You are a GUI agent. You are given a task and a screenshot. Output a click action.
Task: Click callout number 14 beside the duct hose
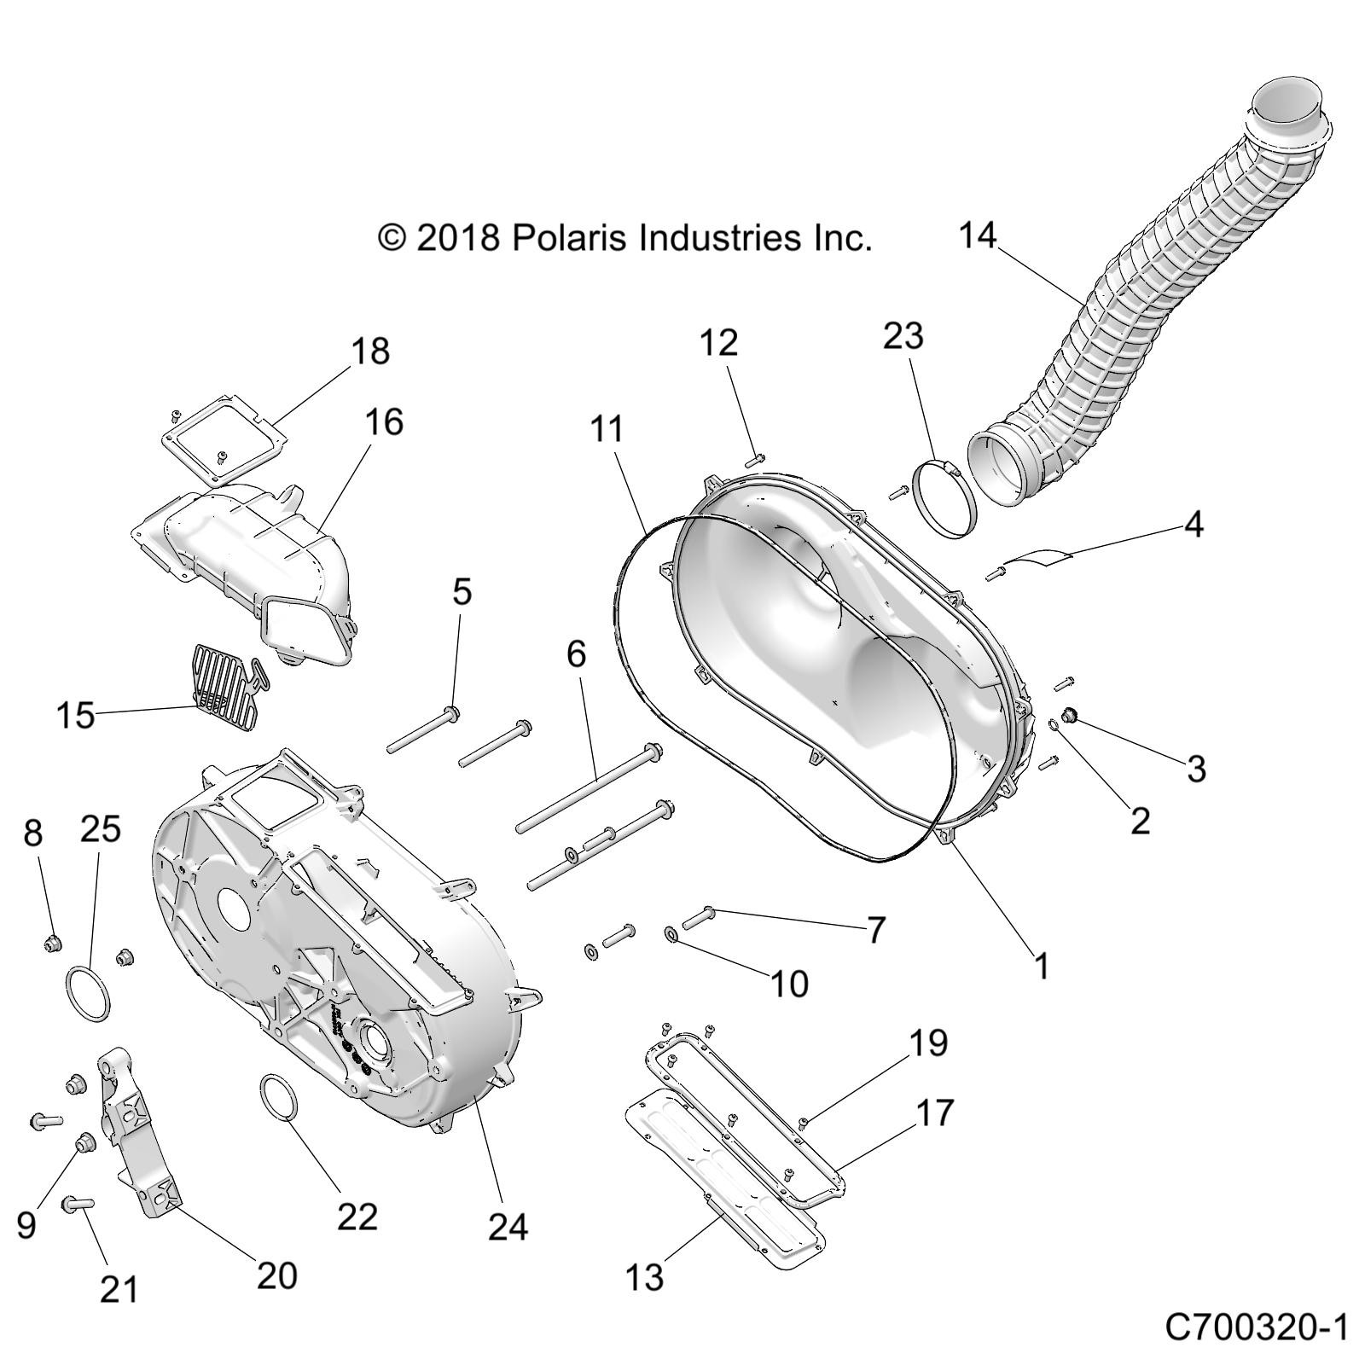pos(978,235)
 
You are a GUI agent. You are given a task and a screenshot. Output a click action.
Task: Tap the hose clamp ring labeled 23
pos(943,497)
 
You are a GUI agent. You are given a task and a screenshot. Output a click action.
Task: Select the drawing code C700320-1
pos(1256,1327)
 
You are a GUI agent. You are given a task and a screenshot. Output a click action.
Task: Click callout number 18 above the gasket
pos(370,351)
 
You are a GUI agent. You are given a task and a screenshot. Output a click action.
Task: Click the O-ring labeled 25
pos(87,994)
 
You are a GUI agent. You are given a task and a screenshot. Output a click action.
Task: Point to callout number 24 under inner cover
pos(508,1227)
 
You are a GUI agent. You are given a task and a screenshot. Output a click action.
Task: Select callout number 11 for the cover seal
pos(607,429)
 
